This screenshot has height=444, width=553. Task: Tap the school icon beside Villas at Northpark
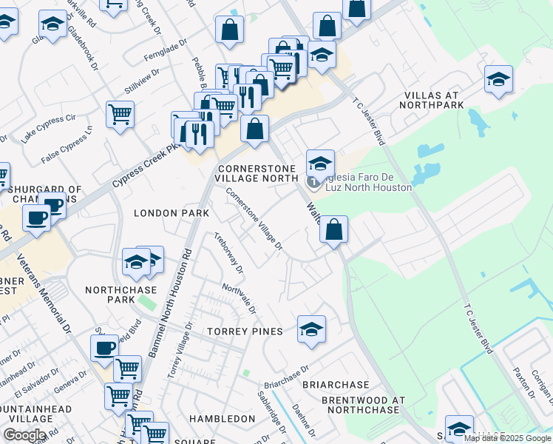[x=498, y=80]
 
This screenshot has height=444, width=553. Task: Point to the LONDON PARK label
[x=172, y=213]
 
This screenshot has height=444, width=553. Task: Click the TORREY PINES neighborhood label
[x=245, y=331]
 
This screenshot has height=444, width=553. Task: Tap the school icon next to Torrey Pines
[x=311, y=329]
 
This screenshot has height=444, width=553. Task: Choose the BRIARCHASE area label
[x=336, y=385]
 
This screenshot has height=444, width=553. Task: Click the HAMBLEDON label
[x=222, y=418]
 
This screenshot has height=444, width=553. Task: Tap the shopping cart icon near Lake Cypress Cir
[x=120, y=115]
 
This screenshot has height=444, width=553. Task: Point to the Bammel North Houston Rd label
[x=171, y=303]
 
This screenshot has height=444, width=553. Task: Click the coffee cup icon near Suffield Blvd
[x=104, y=348]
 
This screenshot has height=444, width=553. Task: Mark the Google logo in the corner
[x=24, y=435]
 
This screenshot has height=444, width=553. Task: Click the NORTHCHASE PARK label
[x=110, y=295]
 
